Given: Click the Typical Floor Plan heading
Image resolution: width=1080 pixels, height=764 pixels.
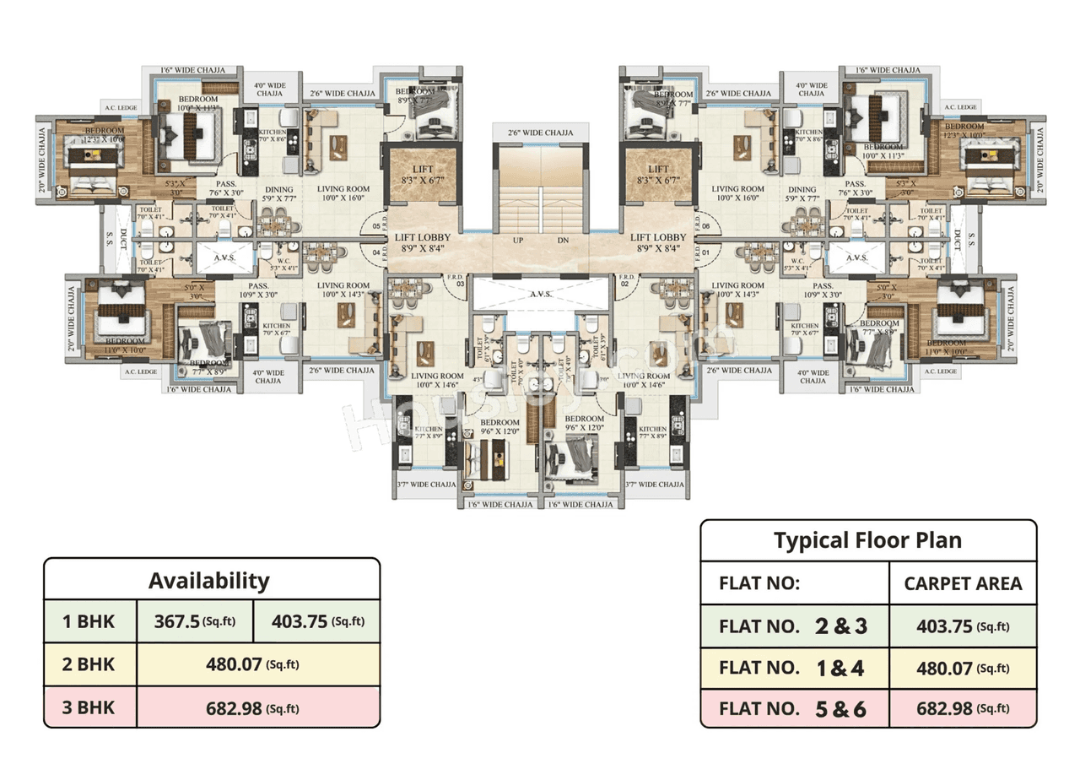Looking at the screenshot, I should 867,540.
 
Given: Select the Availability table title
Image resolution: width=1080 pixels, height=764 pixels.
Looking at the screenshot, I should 209,581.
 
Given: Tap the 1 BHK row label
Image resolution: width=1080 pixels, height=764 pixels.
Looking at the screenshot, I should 89,622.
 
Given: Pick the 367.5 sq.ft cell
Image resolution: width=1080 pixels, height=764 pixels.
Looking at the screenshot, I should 194,622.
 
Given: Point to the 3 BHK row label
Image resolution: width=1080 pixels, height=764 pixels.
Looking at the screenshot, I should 89,707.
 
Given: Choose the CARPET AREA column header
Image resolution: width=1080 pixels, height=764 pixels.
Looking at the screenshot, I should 963,583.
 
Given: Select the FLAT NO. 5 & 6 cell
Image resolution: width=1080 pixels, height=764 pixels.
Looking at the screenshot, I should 794,708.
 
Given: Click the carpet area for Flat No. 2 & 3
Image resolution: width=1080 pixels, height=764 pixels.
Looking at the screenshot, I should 963,626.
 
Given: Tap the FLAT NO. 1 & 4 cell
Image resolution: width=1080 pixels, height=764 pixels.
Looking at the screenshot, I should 794,668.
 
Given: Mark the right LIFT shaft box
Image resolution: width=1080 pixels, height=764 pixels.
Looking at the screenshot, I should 658,175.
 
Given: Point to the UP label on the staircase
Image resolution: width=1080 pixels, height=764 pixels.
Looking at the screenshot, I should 519,241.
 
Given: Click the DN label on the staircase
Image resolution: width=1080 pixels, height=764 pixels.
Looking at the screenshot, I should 564,241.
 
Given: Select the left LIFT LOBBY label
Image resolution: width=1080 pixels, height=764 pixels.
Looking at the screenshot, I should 423,243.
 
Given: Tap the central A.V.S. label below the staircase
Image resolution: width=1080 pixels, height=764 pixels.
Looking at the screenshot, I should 540,295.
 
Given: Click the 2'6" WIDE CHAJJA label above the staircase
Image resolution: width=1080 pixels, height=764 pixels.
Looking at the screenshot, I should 540,133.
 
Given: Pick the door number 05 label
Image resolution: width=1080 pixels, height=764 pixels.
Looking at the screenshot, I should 375,226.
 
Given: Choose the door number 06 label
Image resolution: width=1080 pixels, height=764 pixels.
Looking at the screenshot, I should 705,226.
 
